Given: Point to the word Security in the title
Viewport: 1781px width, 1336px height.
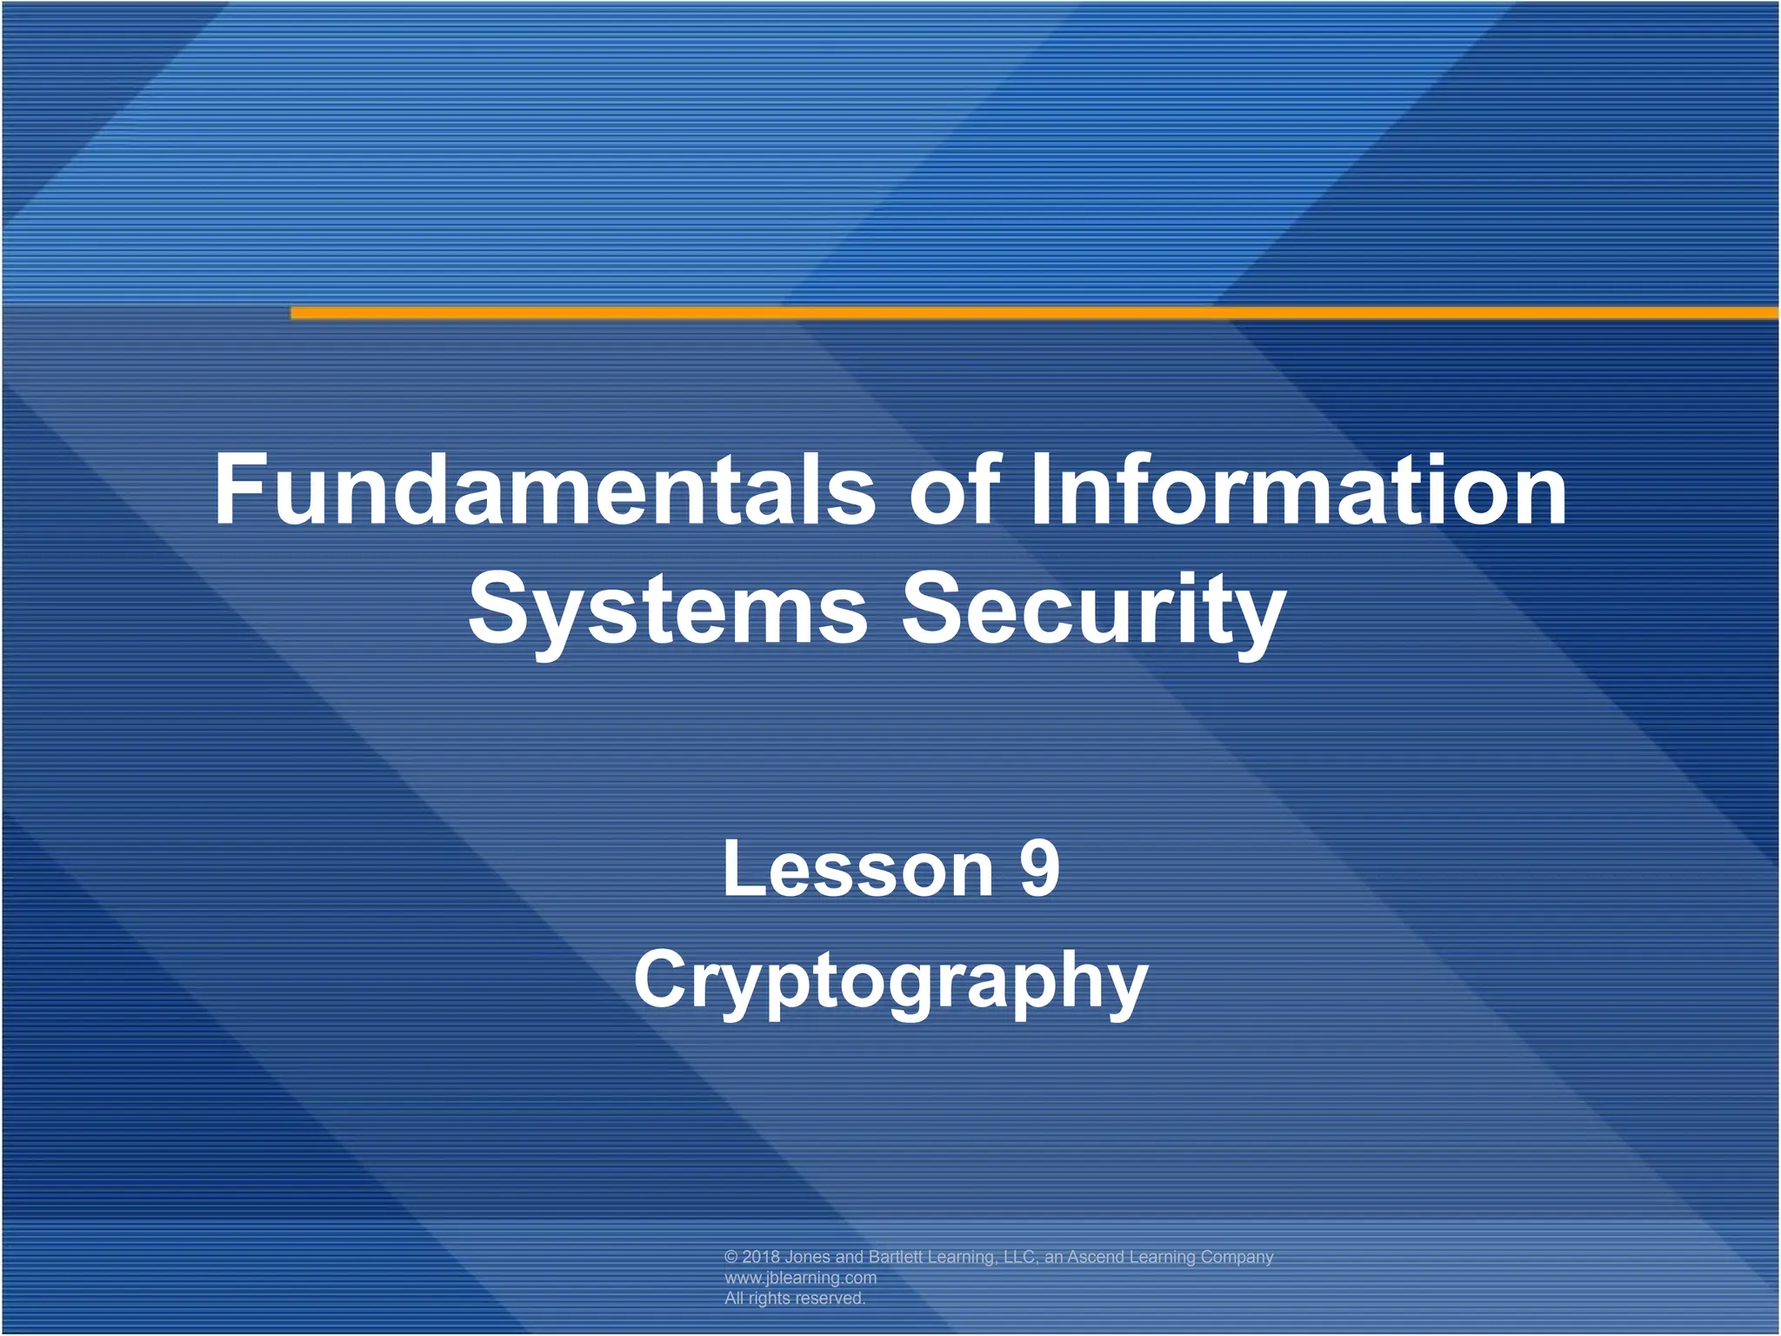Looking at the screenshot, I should click(1093, 609).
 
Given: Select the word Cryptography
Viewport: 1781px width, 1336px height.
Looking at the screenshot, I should click(890, 981).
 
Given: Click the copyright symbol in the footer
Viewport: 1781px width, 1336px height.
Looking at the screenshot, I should click(731, 1257).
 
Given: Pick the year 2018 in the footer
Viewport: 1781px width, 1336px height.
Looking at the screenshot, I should click(761, 1257).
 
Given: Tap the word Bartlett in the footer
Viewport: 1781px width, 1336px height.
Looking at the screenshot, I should click(895, 1257).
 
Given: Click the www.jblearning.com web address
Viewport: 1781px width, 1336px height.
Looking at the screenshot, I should click(800, 1278).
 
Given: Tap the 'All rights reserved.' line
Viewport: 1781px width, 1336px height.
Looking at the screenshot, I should click(795, 1298).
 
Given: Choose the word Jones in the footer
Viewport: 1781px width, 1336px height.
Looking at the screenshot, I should click(807, 1257).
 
